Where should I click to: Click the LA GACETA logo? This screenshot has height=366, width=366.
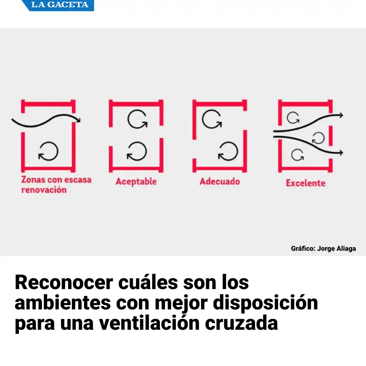click(60, 5)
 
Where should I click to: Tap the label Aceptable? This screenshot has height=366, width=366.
click(136, 182)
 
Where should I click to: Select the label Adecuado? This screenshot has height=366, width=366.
click(220, 181)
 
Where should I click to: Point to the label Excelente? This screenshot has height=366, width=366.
click(305, 183)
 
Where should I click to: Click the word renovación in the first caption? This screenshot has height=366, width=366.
click(44, 190)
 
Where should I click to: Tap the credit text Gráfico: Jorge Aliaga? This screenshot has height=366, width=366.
click(323, 248)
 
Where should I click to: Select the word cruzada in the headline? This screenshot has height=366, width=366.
click(241, 323)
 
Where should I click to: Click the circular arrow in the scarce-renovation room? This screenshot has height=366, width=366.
click(48, 151)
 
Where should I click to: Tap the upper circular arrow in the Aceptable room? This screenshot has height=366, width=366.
click(137, 120)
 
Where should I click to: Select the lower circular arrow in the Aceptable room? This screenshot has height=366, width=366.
click(137, 151)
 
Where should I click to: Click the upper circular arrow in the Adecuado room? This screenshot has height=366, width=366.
click(211, 119)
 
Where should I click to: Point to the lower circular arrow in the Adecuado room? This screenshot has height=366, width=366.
click(228, 151)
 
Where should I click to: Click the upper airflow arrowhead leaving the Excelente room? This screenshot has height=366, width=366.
click(340, 116)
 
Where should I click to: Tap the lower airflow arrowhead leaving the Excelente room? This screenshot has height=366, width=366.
click(340, 153)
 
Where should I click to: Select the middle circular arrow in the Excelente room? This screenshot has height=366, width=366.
click(318, 138)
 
